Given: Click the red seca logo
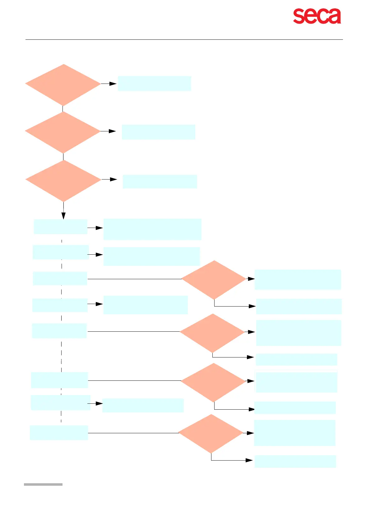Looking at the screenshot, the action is pos(317,16).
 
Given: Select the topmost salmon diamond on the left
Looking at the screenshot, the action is pos(63,84).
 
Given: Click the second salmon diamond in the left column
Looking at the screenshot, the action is pos(63,132).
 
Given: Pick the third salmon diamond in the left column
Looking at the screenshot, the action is pos(63,180).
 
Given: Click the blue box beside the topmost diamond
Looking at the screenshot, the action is pos(154,84).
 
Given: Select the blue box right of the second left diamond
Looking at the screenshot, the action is pos(158,132).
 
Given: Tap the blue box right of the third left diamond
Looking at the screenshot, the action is pos(160,181).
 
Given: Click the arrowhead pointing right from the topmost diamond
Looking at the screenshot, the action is pos(113,84).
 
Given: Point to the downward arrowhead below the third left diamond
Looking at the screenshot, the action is pos(63,216).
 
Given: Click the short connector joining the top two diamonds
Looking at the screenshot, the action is pos(63,109).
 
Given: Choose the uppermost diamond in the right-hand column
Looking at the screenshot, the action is pos(214,280).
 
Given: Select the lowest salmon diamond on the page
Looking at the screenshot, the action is pos(211,434).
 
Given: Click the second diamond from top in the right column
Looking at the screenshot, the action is pos(212,333).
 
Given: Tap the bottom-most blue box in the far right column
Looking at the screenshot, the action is pos(295,461).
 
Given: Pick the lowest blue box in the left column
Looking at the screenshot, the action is pos(59,432).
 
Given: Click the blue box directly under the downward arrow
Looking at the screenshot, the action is pos(60,227).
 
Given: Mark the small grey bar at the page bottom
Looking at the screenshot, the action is pos(43,484).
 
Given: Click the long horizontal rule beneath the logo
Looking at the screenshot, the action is pos(184,39).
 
